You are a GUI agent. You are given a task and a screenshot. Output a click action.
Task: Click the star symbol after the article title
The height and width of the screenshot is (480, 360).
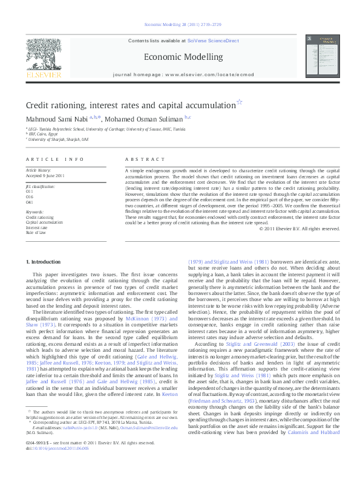[x=239, y=103]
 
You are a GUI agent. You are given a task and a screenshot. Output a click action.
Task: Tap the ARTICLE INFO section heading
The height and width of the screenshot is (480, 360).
[x=54, y=159]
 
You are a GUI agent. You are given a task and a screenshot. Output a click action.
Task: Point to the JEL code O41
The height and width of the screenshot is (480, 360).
[x=30, y=202]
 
